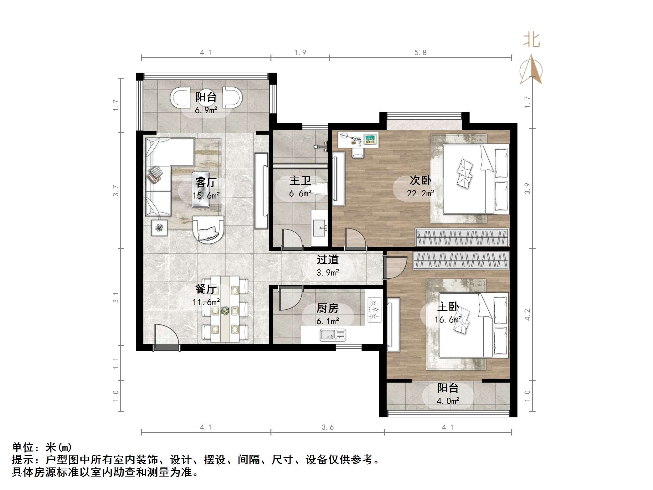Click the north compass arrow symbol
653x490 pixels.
(531, 70)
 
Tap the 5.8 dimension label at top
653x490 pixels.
(420, 53)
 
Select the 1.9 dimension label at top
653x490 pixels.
(300, 53)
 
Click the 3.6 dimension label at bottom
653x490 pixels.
(327, 427)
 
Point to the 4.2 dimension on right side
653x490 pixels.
(527, 314)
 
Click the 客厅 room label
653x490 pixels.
(206, 182)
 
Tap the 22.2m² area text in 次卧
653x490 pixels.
(420, 193)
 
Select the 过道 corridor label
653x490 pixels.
(327, 260)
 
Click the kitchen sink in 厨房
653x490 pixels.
(333, 335)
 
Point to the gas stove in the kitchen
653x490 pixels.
(374, 310)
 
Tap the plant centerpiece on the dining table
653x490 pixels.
(224, 311)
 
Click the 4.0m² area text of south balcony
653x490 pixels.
(448, 401)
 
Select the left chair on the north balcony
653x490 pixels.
(180, 98)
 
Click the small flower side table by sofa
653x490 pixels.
(159, 228)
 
